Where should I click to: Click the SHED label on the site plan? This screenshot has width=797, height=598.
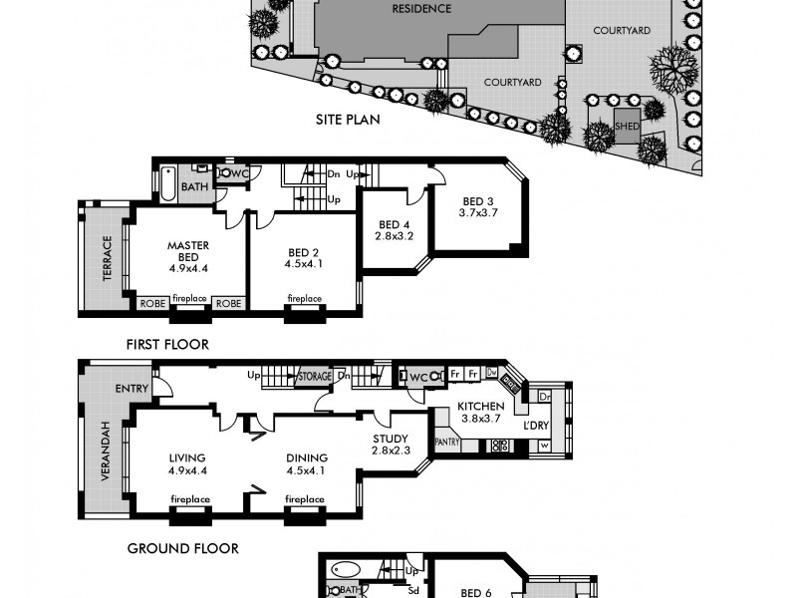(627, 127)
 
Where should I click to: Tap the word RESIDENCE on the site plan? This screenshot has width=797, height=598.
(421, 9)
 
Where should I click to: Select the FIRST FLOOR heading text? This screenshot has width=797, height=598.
(167, 345)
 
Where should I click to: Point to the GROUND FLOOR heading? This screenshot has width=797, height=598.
(182, 548)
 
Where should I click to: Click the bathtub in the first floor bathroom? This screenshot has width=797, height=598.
(168, 183)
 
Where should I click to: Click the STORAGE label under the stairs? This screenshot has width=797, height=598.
(315, 376)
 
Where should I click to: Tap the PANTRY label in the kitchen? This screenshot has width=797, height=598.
(446, 441)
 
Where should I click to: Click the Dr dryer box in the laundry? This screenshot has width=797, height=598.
(544, 396)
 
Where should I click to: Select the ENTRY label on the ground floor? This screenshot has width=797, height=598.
(131, 389)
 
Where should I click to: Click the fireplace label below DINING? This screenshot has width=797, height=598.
(304, 499)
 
